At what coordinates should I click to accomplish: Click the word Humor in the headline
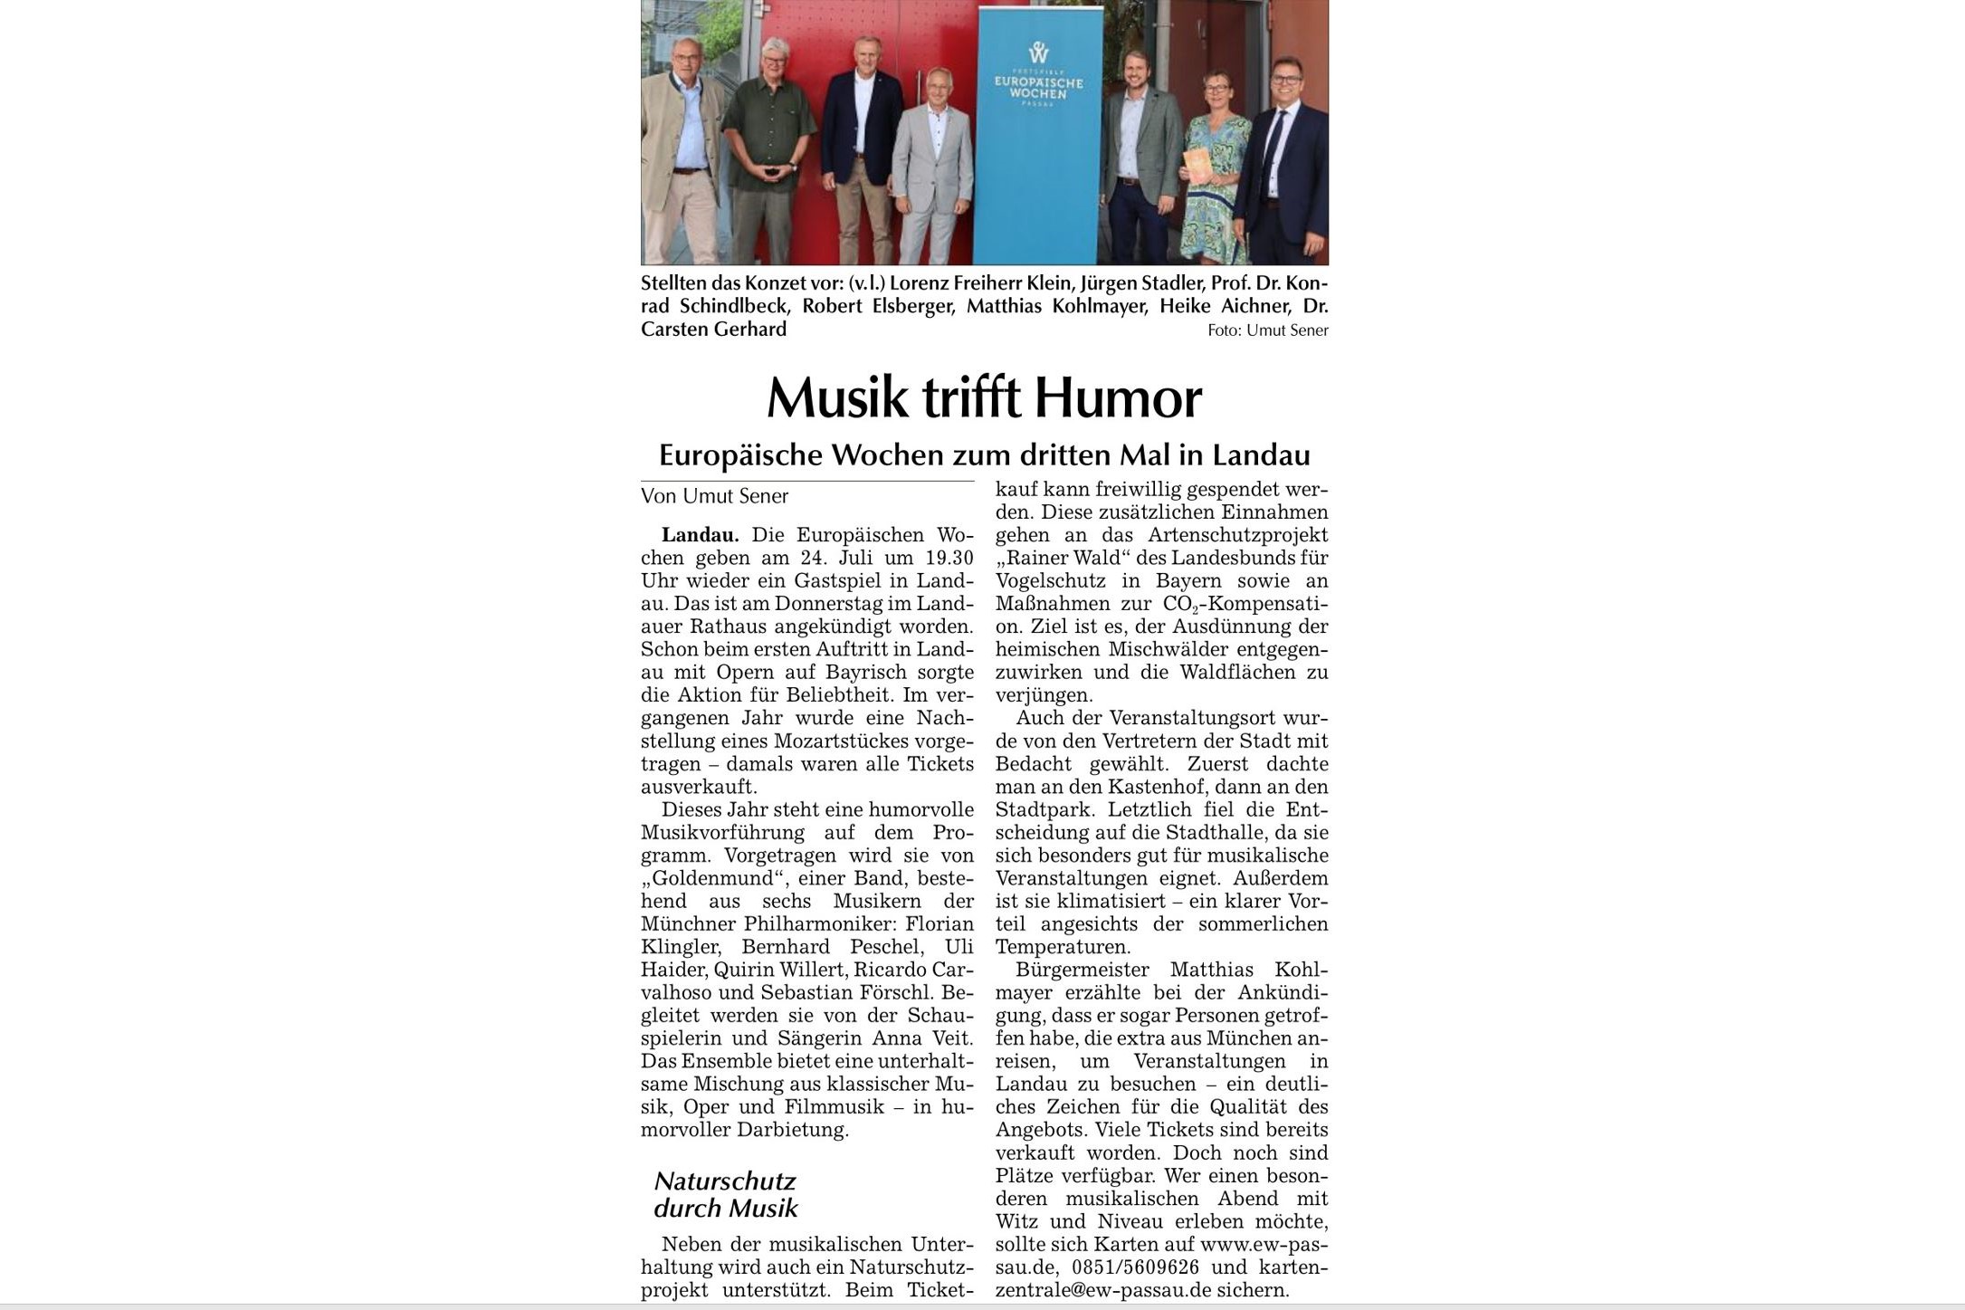click(x=1118, y=397)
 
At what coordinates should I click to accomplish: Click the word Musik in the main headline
click(x=836, y=397)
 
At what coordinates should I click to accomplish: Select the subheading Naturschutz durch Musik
click(x=726, y=1194)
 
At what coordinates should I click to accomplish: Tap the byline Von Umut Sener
click(x=714, y=496)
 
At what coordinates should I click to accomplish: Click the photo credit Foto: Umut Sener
click(x=1267, y=330)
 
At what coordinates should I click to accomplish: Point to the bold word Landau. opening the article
click(x=700, y=535)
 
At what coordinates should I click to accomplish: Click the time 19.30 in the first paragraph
click(x=949, y=558)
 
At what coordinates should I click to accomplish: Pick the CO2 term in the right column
click(x=1181, y=604)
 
